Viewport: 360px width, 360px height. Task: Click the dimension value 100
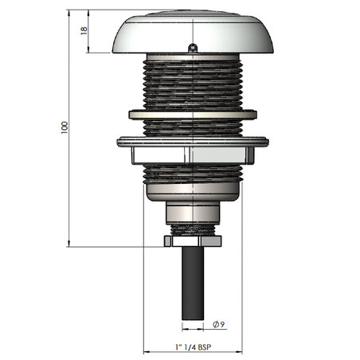(65, 127)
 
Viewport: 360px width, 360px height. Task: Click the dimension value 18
(84, 30)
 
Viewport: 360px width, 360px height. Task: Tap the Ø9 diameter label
(219, 324)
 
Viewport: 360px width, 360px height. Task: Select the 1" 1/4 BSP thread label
(194, 347)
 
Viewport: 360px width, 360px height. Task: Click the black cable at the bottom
(193, 283)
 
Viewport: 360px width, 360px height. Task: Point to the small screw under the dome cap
(193, 49)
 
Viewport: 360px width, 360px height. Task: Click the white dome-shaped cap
(193, 32)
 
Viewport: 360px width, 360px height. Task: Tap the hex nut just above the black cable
(193, 241)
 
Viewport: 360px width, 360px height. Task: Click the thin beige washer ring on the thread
(193, 115)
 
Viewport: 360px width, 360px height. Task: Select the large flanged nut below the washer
(193, 150)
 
